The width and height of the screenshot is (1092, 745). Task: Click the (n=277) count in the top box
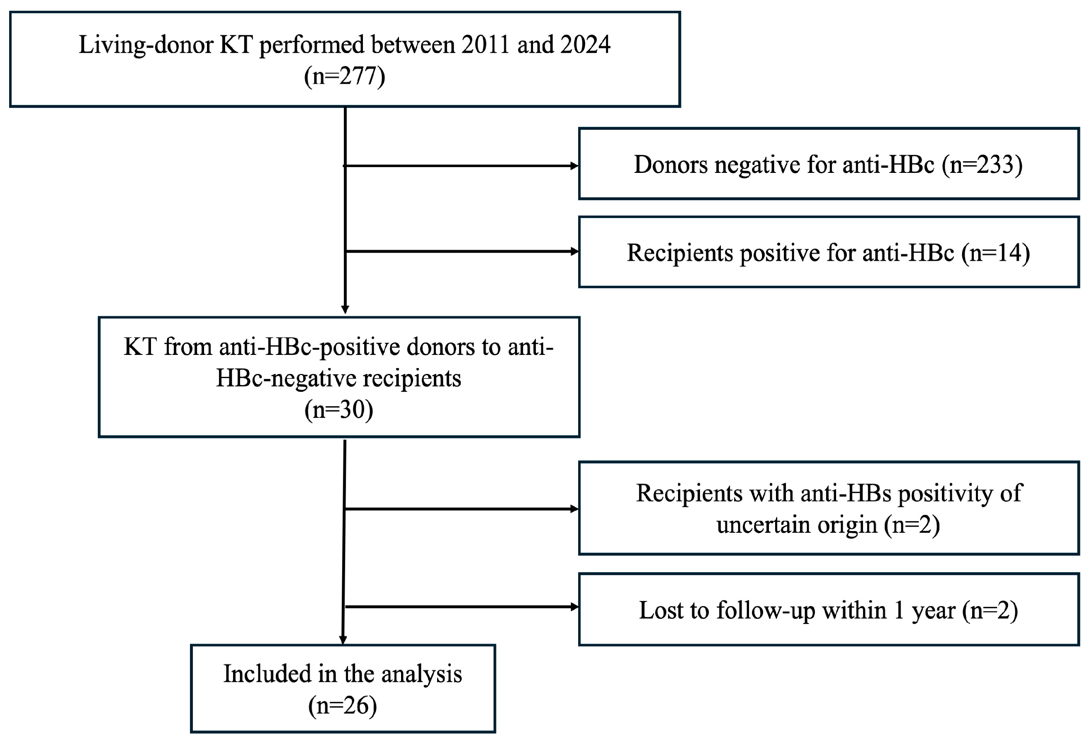coord(344,76)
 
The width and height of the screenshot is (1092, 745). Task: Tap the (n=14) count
coord(996,253)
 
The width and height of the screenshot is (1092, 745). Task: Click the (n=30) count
coord(339,410)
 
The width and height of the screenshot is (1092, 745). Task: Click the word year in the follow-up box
coord(933,612)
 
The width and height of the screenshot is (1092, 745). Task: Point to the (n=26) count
coord(343,706)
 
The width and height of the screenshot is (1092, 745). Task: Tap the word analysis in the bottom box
coord(421,675)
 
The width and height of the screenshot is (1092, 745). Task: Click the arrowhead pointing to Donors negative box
coord(574,166)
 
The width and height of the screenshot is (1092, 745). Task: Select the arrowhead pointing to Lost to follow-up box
coord(574,607)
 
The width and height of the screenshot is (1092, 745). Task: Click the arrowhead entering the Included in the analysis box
coord(343,640)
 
